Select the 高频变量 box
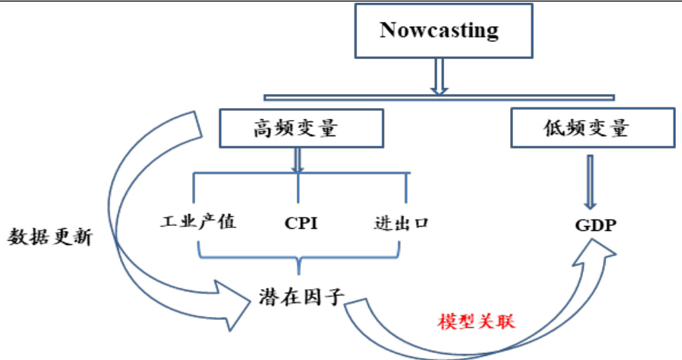point(302,128)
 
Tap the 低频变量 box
point(587,128)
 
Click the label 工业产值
point(199,223)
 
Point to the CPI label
point(301,224)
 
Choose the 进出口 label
point(401,224)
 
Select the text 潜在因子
point(300,297)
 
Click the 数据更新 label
point(51,237)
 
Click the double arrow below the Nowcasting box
point(439,76)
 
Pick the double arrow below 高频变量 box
point(297,160)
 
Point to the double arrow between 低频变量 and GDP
point(591,179)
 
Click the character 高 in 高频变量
point(263,129)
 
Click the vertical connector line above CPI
point(299,189)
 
